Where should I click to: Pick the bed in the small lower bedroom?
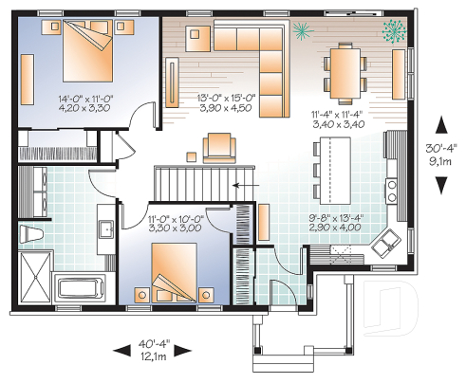[x=170, y=274]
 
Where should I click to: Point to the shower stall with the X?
[x=36, y=279]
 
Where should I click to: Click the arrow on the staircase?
[x=240, y=182]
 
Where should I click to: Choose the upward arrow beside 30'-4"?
[x=440, y=124]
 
